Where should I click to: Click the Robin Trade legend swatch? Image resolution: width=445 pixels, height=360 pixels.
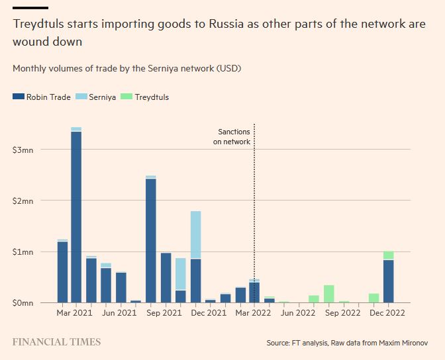(19, 97)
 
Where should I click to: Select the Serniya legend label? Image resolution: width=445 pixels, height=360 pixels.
(103, 97)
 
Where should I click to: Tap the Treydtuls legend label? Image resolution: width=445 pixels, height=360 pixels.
(152, 97)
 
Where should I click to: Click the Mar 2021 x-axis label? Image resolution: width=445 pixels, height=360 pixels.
(74, 312)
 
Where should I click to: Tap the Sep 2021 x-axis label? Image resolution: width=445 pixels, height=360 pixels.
(164, 312)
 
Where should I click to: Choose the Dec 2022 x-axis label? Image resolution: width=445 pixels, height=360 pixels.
(387, 312)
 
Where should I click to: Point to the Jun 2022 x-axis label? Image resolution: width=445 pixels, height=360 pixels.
(298, 312)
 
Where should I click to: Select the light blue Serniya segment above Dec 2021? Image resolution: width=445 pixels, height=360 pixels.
(196, 235)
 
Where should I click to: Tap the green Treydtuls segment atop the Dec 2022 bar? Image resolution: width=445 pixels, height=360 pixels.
(389, 255)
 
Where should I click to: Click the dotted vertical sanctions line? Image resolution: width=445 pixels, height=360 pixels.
(254, 199)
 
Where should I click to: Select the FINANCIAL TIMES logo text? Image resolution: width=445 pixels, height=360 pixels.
(57, 342)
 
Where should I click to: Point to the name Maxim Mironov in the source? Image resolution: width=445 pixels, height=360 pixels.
(405, 343)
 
